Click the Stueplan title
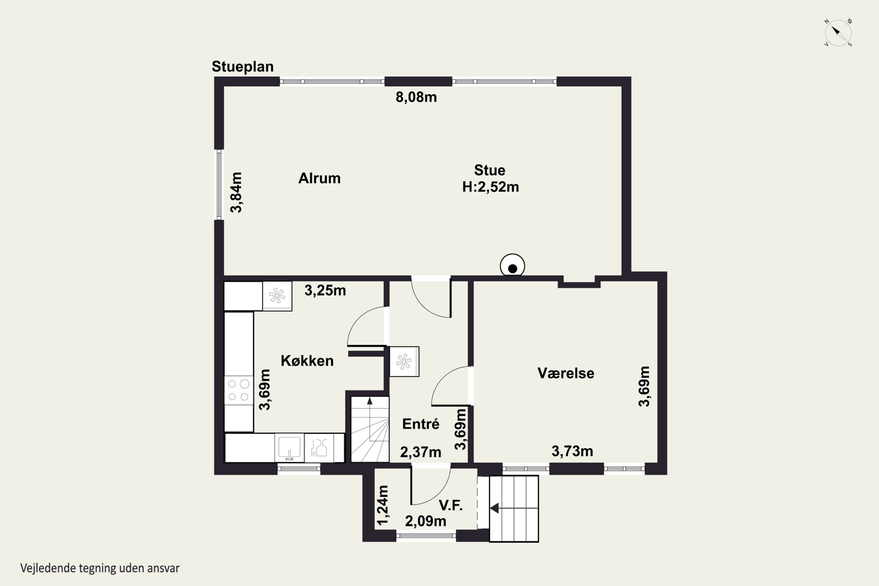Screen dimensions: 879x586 tap(243, 67)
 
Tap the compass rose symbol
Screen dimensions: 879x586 tap(838, 33)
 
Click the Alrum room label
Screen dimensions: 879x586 tap(319, 178)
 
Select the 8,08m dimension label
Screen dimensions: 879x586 tap(416, 97)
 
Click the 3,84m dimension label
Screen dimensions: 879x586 tap(236, 193)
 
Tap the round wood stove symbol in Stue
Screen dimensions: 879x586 tap(512, 266)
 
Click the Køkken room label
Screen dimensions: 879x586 tap(307, 361)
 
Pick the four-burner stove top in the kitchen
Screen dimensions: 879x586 tap(239, 390)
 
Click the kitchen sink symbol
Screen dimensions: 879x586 tap(289, 448)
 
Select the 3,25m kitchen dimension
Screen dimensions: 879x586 tap(325, 290)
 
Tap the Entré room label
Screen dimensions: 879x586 tap(420, 424)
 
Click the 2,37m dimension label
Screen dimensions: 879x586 tap(420, 452)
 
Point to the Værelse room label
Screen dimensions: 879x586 tap(565, 373)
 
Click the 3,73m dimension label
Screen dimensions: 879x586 tap(572, 451)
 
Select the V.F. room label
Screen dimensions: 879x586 tap(450, 505)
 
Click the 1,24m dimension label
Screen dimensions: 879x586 tap(383, 505)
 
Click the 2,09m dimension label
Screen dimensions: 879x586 tap(425, 521)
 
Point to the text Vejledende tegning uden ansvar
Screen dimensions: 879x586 tap(100, 568)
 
